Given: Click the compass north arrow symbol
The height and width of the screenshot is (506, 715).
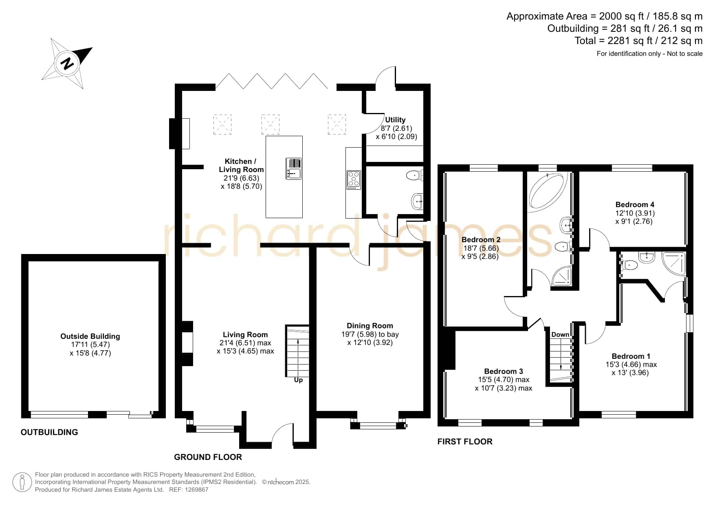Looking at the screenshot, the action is coord(67,64).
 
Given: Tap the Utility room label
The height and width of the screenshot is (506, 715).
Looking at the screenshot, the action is coord(395,120).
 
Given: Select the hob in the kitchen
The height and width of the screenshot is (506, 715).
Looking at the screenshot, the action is coord(353,180).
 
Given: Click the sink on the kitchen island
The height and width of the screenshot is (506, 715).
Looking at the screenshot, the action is coord(293,169).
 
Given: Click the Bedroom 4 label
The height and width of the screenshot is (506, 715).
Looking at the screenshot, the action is coord(635,205).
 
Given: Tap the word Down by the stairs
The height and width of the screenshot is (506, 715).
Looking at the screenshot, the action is coord(560,335).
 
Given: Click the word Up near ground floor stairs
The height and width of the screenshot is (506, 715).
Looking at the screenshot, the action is coord(298,380).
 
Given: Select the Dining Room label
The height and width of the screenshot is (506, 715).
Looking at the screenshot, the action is coord(370,326).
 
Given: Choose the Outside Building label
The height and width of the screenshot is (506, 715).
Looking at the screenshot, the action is coord(90,336).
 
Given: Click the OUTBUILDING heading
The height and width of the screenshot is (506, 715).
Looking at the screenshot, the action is coord(49,432).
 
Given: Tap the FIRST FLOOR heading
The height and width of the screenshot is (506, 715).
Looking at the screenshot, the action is coord(465,442).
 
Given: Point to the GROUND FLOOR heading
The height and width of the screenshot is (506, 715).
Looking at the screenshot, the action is coord(208,457).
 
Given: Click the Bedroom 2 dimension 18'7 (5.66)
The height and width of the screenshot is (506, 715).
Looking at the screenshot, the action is coord(481,248).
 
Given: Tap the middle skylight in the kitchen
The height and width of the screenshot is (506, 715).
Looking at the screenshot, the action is coord(271,125).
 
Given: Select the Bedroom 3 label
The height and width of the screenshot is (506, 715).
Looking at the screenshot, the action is coord(504,371).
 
